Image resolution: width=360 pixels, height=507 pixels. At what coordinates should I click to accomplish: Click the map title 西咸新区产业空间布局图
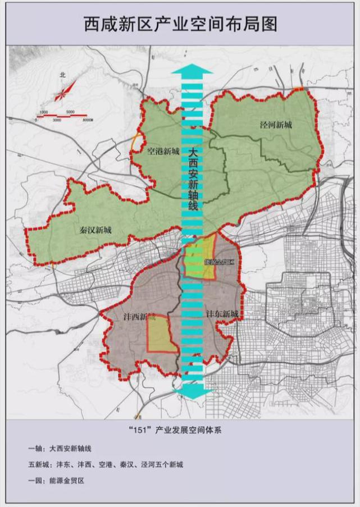coord(180,24)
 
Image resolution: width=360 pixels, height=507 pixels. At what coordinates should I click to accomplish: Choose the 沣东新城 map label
coord(222,313)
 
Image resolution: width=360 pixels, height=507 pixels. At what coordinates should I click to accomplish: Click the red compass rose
coord(65,90)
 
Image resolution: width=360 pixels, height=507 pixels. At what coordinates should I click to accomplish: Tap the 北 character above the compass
coord(63,74)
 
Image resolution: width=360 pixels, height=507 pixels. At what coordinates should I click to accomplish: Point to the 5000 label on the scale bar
coord(70,112)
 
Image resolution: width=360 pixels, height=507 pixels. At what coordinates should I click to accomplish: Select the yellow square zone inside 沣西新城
coord(162,335)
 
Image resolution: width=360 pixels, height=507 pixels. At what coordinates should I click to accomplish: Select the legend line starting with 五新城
coord(106,465)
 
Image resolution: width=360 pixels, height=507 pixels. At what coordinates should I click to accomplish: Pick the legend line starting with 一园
coord(55,481)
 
